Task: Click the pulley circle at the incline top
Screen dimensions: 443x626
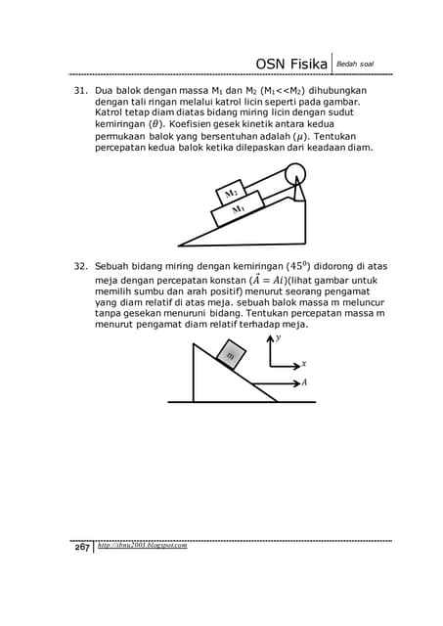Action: click(293, 175)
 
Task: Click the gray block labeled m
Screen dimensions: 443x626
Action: click(231, 355)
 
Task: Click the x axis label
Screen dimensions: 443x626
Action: click(304, 362)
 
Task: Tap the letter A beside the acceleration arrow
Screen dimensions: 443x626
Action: click(304, 382)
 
